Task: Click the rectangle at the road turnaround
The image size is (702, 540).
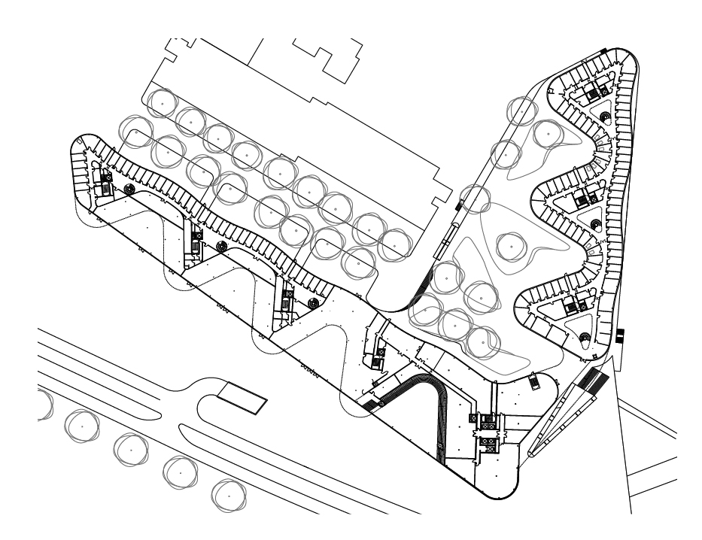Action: click(242, 398)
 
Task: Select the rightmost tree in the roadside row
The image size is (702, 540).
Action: click(226, 493)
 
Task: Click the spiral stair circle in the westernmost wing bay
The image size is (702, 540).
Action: click(128, 188)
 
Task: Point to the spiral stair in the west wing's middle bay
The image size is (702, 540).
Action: click(221, 246)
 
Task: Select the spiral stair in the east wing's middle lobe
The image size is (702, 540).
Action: click(595, 223)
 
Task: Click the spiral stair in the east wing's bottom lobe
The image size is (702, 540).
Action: click(585, 335)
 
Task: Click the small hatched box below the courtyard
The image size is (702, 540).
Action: click(533, 381)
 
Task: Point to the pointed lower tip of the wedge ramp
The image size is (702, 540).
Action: click(528, 455)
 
